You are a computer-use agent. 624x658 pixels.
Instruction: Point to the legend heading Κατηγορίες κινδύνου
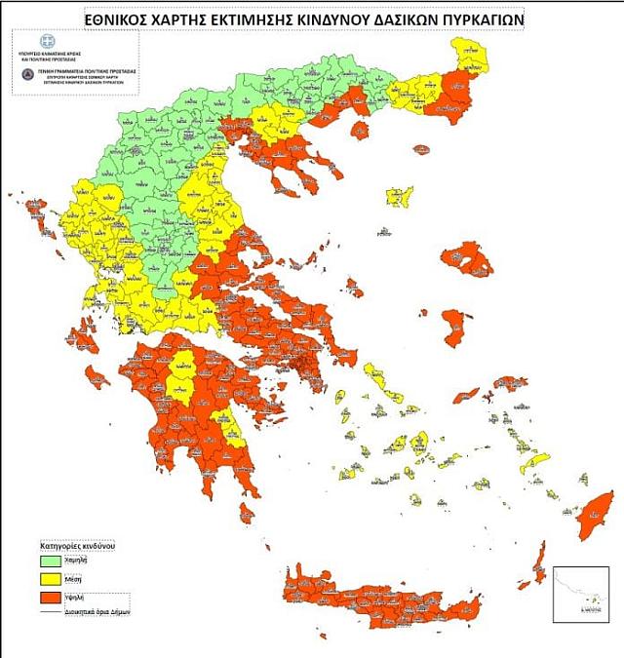(x=79, y=546)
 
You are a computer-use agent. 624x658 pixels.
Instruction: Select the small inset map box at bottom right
(x=580, y=594)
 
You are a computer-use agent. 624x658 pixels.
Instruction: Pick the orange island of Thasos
(x=420, y=150)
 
